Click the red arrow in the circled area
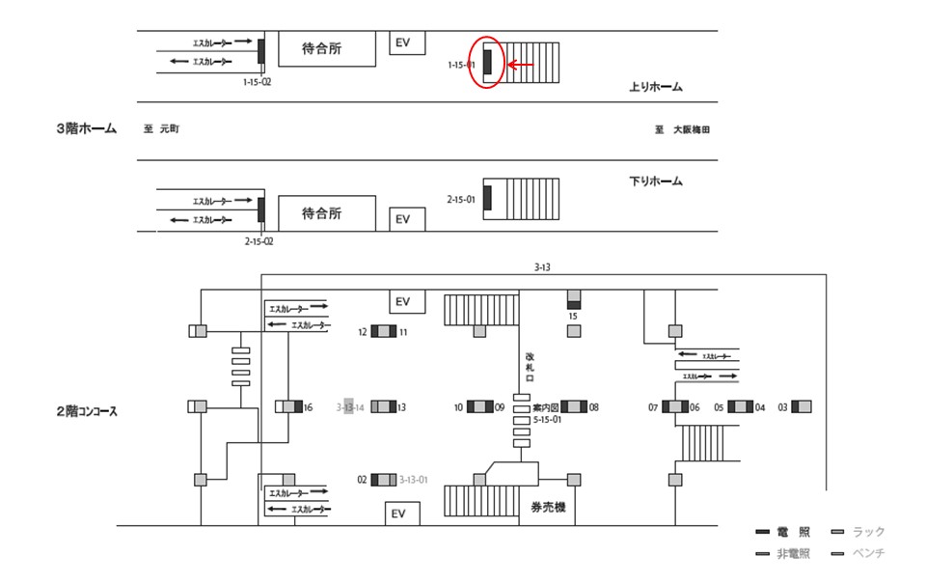520,65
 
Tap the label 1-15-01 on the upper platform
462,65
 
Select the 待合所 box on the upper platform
326,48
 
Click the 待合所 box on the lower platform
326,213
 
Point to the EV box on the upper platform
403,42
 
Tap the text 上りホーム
656,88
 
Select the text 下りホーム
656,181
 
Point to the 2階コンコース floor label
87,411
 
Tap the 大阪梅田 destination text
695,129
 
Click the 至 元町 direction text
161,129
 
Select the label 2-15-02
259,241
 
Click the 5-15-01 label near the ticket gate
546,420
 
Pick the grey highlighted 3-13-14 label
350,407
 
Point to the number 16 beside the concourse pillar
309,407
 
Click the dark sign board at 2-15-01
487,198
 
